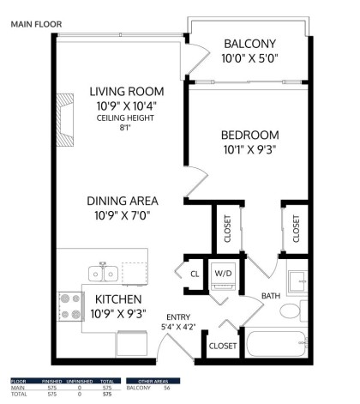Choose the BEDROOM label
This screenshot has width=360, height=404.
pyautogui.click(x=249, y=136)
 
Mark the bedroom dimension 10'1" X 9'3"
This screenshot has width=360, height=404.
pyautogui.click(x=249, y=150)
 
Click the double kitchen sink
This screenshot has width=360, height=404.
pyautogui.click(x=103, y=274)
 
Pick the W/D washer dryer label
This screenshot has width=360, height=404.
pyautogui.click(x=223, y=274)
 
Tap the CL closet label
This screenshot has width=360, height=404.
pyautogui.click(x=195, y=274)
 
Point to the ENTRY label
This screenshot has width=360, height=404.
pyautogui.click(x=178, y=317)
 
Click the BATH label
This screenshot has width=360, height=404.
pyautogui.click(x=270, y=296)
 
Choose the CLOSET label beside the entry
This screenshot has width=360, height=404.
pyautogui.click(x=223, y=346)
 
